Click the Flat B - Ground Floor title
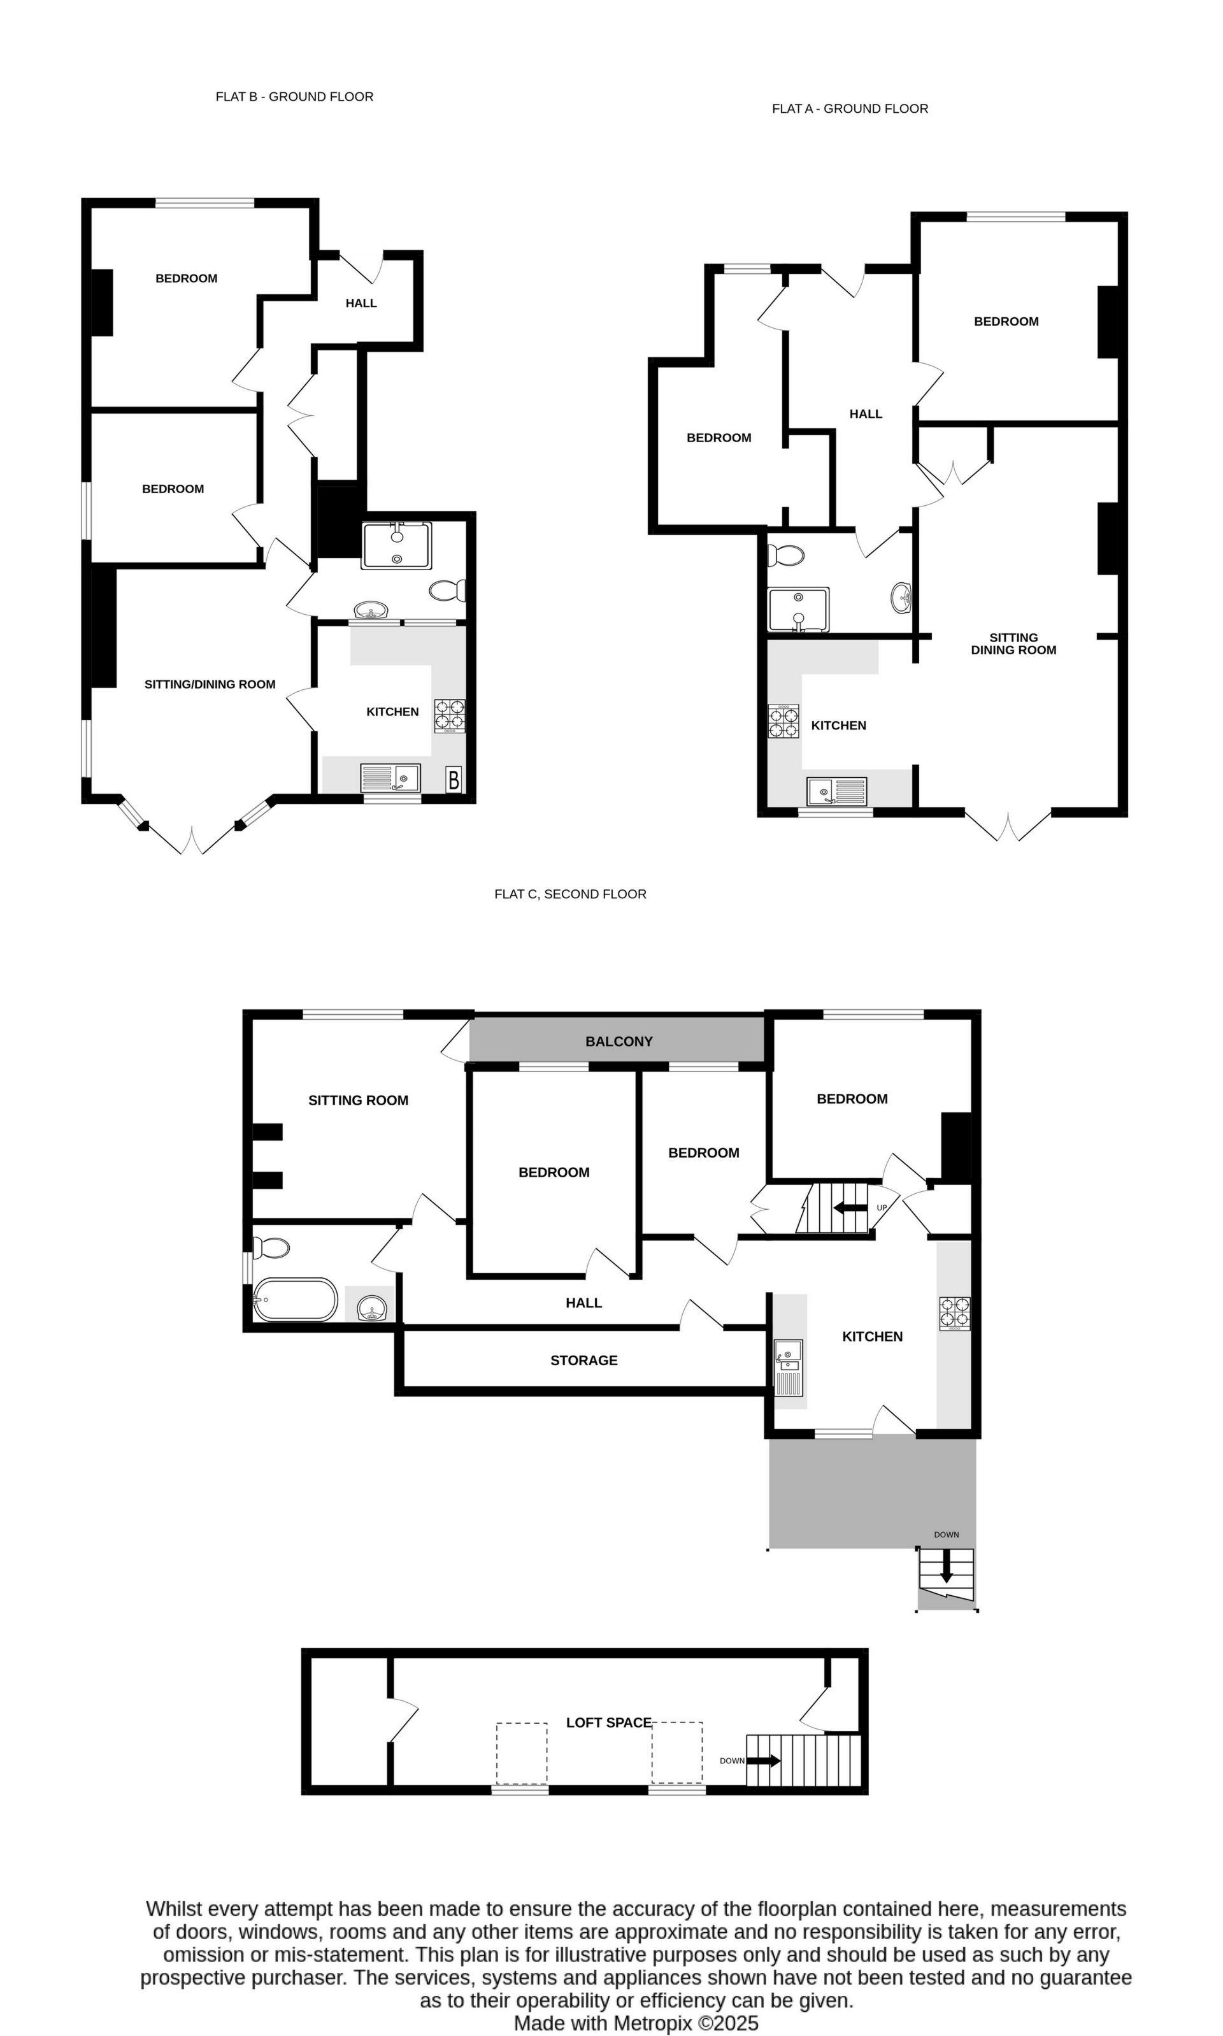pyautogui.click(x=294, y=96)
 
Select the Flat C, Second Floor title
pyautogui.click(x=570, y=894)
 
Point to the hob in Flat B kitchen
pyautogui.click(x=450, y=715)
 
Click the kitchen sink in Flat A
pyautogui.click(x=836, y=791)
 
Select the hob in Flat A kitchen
pyautogui.click(x=783, y=721)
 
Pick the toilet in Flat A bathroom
pyautogui.click(x=785, y=556)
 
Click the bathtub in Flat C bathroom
pyautogui.click(x=295, y=1300)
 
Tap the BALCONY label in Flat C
pyautogui.click(x=619, y=1042)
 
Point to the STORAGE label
pyautogui.click(x=583, y=1360)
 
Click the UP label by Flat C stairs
pyautogui.click(x=882, y=1208)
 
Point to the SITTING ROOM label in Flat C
pyautogui.click(x=358, y=1100)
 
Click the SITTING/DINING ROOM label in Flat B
pyautogui.click(x=210, y=684)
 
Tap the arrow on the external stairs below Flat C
pyautogui.click(x=946, y=1565)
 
